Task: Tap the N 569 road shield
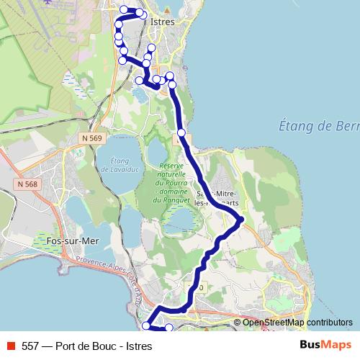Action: [x=91, y=138]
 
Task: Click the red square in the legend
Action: [x=11, y=345]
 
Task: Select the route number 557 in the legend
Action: [x=30, y=346]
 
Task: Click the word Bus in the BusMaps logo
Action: [x=310, y=345]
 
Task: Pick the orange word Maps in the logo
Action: [x=336, y=345]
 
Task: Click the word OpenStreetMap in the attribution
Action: [x=274, y=323]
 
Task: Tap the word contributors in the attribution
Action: [x=329, y=323]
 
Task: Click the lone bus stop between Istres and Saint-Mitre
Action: [x=181, y=132]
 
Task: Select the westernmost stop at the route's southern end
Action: [x=146, y=326]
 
